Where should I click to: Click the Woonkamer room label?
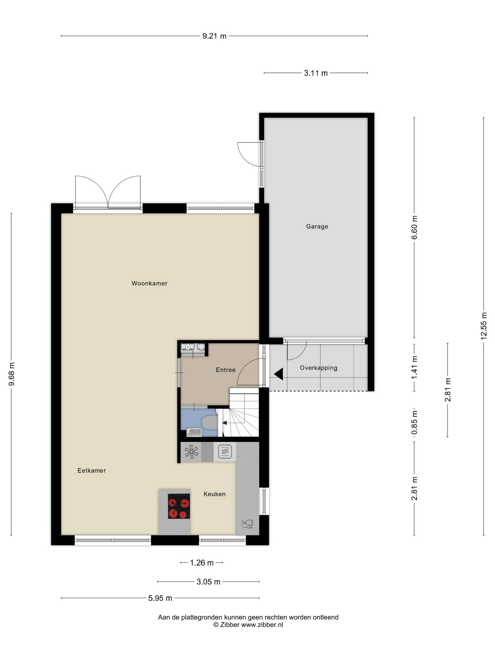150,283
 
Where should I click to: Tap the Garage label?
317,226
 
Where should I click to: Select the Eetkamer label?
92,471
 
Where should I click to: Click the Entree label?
226,370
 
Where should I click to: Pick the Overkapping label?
318,368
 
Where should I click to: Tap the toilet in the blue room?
210,423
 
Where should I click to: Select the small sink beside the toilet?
194,432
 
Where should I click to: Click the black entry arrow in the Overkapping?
279,374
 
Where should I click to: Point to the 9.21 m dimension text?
214,36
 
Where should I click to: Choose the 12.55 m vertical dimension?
484,326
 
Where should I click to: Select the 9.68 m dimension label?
11,374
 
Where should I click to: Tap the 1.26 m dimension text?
202,563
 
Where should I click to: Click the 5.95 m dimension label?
160,598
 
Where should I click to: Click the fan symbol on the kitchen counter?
191,451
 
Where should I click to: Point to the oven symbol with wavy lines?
225,451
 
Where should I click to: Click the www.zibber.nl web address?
262,624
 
